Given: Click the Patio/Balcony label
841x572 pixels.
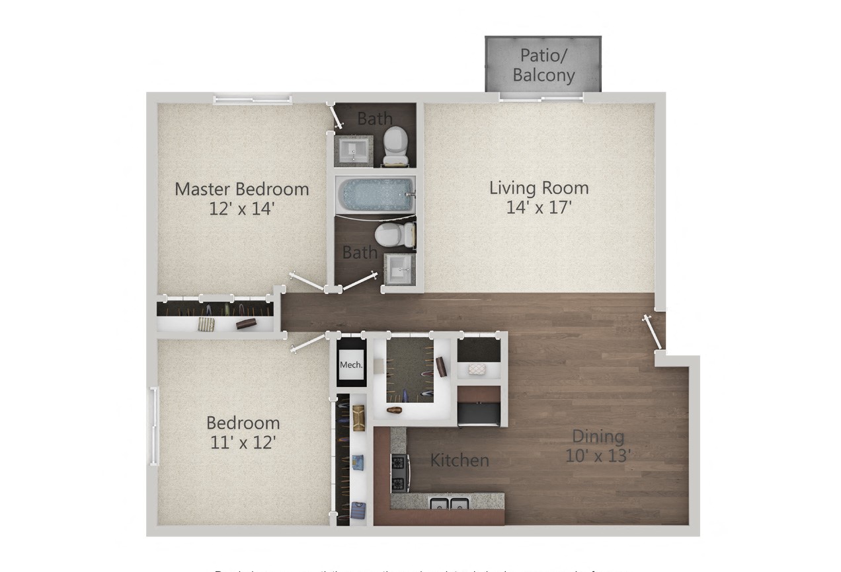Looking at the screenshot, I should coord(543,65).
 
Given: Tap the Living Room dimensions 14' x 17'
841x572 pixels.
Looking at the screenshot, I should coord(539,207).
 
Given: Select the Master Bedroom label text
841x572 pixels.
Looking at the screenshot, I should coord(241,189).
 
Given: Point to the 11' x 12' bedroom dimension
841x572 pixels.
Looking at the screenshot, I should coord(243,442).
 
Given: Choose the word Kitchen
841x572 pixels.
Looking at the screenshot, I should coord(460,460).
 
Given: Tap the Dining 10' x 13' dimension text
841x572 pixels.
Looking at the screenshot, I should coord(598,456).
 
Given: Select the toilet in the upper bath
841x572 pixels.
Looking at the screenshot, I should coord(396,145).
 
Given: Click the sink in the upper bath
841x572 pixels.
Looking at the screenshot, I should coord(354,151).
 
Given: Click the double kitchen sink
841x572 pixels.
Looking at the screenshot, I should coord(450,504).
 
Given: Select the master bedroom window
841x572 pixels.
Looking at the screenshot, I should coord(252,100).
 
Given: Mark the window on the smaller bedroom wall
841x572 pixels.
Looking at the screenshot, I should coord(154,425).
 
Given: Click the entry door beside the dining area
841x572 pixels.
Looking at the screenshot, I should coord(653,332).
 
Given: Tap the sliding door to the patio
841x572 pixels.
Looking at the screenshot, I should coord(541,97).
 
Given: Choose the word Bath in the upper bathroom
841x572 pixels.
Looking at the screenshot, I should coord(375,119).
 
